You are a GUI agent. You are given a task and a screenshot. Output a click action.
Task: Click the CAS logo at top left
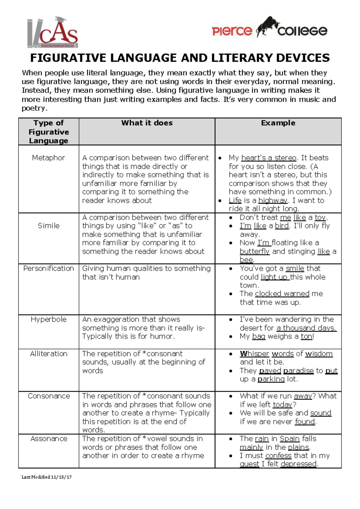53,32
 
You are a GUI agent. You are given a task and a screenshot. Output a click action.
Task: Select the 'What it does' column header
147,123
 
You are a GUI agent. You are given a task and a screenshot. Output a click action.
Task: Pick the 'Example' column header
278,123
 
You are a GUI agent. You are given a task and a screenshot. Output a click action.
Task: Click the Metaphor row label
48,158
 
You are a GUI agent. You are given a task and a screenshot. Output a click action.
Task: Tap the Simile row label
49,226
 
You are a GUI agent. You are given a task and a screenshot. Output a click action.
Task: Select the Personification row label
49,268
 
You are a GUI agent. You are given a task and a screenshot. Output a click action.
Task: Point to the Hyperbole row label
49,319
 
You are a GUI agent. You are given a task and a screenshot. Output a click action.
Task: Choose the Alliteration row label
49,354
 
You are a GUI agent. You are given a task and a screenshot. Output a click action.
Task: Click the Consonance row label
49,396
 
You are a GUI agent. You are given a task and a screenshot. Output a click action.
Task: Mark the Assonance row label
49,438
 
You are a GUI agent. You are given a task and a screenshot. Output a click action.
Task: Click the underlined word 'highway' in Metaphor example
273,200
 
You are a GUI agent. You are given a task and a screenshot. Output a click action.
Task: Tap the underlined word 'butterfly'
254,251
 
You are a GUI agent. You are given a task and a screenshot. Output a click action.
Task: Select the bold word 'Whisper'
254,354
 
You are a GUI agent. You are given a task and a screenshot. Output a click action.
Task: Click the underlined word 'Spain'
289,438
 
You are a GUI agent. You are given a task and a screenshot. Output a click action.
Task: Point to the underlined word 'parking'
271,379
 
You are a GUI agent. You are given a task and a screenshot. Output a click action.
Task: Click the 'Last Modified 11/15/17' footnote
46,477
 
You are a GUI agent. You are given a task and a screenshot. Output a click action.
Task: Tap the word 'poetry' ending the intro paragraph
34,108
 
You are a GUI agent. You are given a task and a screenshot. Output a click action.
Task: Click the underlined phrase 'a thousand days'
306,328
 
